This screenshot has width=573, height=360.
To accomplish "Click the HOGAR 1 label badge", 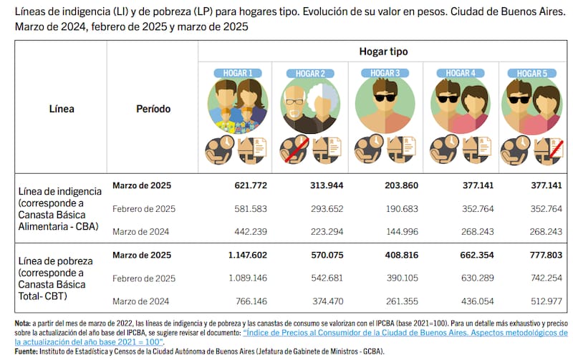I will pos(235,73).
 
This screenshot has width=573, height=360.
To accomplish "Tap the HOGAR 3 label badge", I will pos(384,73).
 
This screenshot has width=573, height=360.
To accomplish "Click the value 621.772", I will pos(251,186).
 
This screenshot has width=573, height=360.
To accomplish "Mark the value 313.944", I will pos(325,186).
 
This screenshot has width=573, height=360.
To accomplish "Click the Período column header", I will pos(153,110).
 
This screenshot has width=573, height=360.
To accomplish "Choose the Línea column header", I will pos(62,110).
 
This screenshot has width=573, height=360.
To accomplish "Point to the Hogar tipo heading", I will pos(383,52).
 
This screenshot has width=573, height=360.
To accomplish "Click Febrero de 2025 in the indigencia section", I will pos(144,209).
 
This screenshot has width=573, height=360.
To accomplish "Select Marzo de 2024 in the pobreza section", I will pos(141,302).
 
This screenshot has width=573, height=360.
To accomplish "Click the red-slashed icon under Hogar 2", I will pos(289,149).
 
